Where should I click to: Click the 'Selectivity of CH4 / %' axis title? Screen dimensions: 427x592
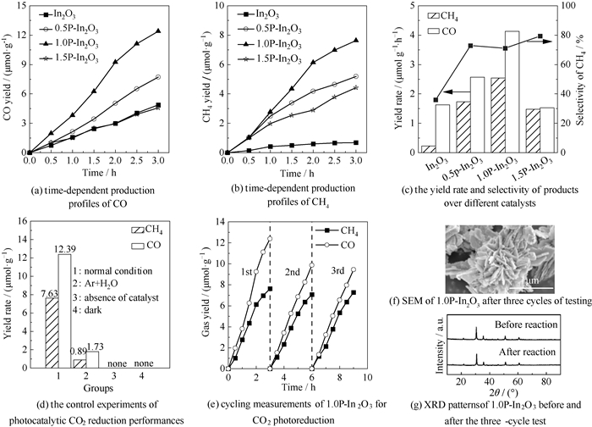click(x=584, y=76)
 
